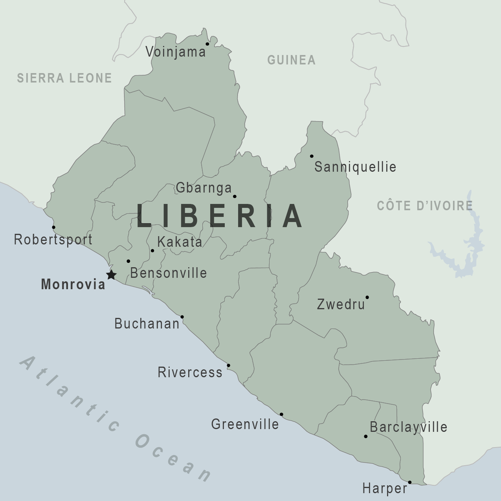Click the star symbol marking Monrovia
[x=111, y=275]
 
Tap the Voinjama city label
[x=175, y=51]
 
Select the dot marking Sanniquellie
[x=312, y=156]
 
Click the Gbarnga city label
[x=204, y=188]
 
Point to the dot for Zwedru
[x=367, y=297]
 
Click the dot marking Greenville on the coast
[x=281, y=415]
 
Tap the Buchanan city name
[x=147, y=324]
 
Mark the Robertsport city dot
[x=54, y=227]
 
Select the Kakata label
[x=180, y=242]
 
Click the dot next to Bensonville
[x=128, y=261]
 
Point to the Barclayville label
[x=409, y=427]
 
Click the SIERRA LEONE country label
[x=64, y=78]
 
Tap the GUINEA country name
[x=291, y=60]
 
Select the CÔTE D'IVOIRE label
[x=424, y=206]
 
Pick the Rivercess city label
[x=190, y=372]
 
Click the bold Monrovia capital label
[x=73, y=284]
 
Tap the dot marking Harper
[x=409, y=482]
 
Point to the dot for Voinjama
[x=207, y=44]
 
